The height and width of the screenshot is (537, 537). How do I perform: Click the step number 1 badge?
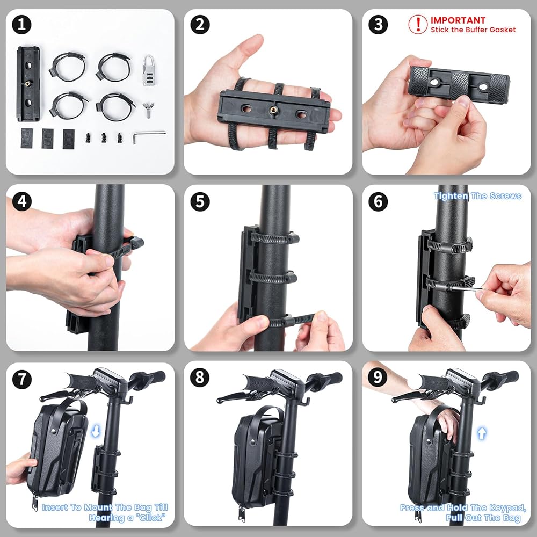point(21,25)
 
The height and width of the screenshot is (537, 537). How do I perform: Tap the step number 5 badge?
point(200,201)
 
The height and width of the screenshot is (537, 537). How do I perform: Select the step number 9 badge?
point(378,378)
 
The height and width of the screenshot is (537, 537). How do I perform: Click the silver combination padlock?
point(149,70)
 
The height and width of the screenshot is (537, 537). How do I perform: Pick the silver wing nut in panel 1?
point(148,108)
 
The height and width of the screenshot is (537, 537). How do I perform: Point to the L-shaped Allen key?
point(149,136)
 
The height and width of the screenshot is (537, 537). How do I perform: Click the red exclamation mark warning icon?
point(418,24)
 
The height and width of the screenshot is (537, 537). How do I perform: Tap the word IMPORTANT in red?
point(458,20)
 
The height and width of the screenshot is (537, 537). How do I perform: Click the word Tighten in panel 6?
point(451,196)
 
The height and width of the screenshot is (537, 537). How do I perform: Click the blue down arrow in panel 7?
point(96,431)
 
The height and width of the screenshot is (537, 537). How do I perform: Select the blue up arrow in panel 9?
point(482,433)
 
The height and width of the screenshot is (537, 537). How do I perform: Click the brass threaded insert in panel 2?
point(274,110)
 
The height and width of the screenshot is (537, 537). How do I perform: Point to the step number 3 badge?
point(378,25)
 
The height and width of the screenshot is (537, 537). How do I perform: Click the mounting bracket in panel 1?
point(28,84)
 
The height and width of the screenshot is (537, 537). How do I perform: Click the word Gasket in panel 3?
point(503,30)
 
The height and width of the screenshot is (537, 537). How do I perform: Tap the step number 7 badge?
point(21,380)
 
